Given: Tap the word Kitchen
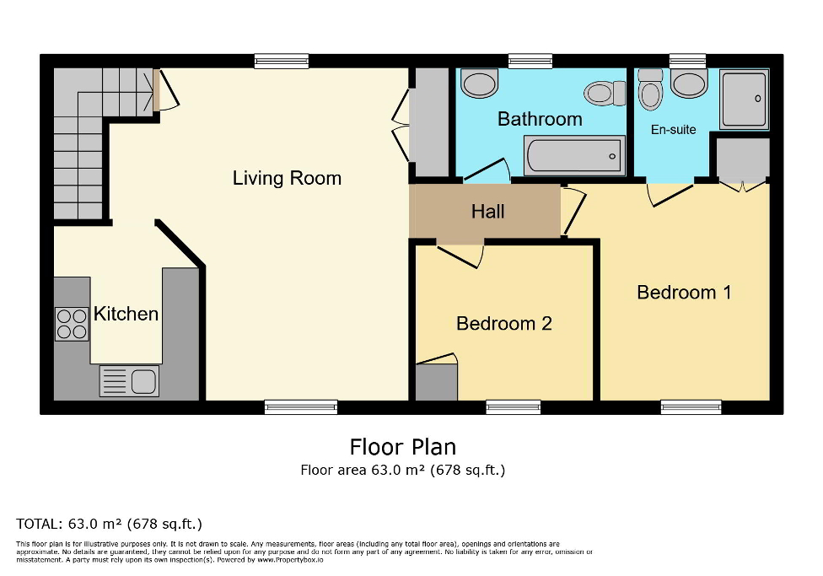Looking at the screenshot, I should tap(126, 314).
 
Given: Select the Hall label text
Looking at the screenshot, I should tap(487, 211).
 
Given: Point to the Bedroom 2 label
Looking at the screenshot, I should tap(503, 323).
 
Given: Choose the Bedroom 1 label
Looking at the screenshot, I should tap(683, 292).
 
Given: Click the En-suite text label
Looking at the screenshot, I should tap(673, 130).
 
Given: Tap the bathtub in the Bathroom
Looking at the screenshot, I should tap(574, 155).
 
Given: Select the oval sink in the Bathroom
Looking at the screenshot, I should tap(480, 84).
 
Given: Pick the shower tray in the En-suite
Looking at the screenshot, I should tap(744, 100).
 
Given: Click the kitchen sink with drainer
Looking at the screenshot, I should tap(129, 381).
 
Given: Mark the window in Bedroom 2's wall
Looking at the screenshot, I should tap(513, 407).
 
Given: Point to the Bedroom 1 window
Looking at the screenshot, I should tap(691, 407).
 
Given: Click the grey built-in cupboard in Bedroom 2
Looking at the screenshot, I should tap(436, 381).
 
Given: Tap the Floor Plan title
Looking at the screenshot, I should tap(402, 446).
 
